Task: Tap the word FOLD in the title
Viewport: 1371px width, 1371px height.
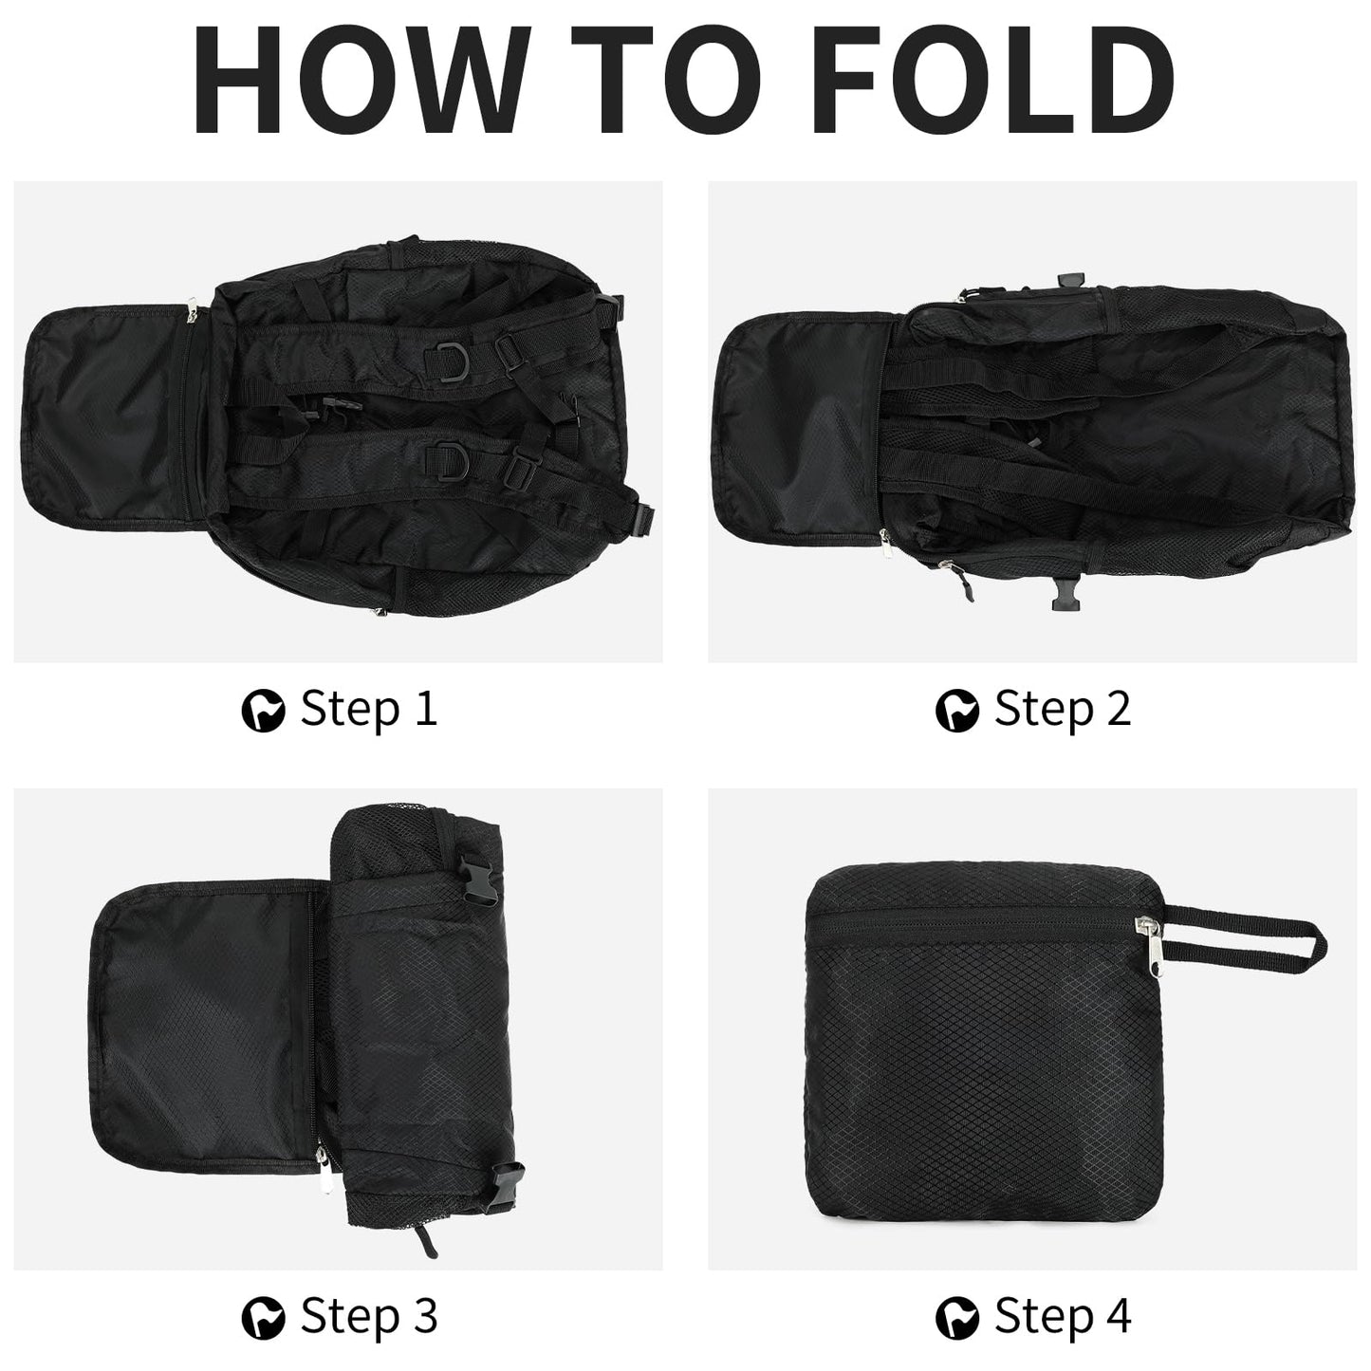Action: [x=993, y=79]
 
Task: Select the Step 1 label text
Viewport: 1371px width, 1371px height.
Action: [x=368, y=710]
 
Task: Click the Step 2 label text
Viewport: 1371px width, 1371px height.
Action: [x=1063, y=710]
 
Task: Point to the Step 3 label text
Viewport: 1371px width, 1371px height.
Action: [x=368, y=1316]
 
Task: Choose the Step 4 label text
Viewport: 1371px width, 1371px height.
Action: [x=1063, y=1316]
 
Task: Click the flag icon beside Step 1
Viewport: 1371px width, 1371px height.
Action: [x=263, y=711]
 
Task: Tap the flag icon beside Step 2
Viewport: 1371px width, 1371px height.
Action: [x=957, y=711]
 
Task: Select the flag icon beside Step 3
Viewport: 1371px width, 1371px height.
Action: [x=263, y=1318]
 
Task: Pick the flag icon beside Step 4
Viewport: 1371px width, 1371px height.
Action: [x=957, y=1318]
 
